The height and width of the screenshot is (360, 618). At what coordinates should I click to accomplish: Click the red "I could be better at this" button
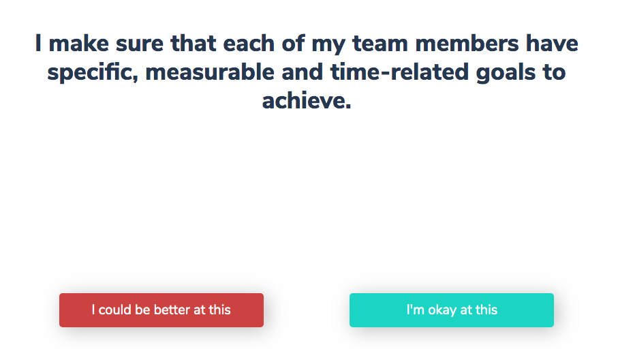(x=161, y=310)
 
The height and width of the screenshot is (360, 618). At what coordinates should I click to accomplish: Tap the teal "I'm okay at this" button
(x=452, y=310)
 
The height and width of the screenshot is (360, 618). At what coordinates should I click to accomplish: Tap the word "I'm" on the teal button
(x=416, y=310)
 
